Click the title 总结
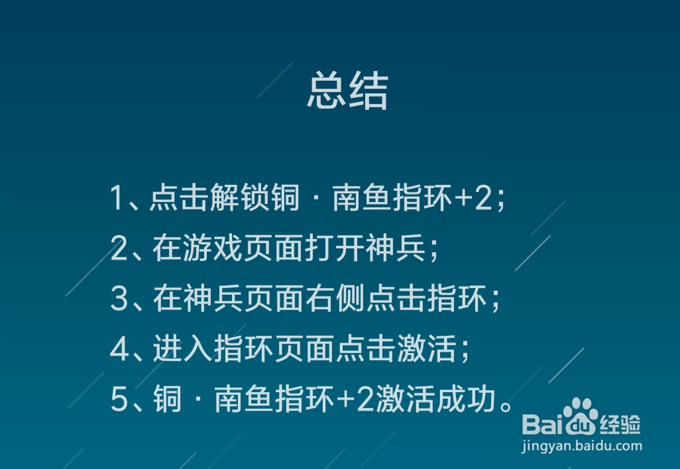347,92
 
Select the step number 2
119,250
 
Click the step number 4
119,351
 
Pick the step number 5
119,401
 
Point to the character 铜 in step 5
166,401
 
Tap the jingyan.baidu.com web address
581,447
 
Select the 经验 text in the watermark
621,425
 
